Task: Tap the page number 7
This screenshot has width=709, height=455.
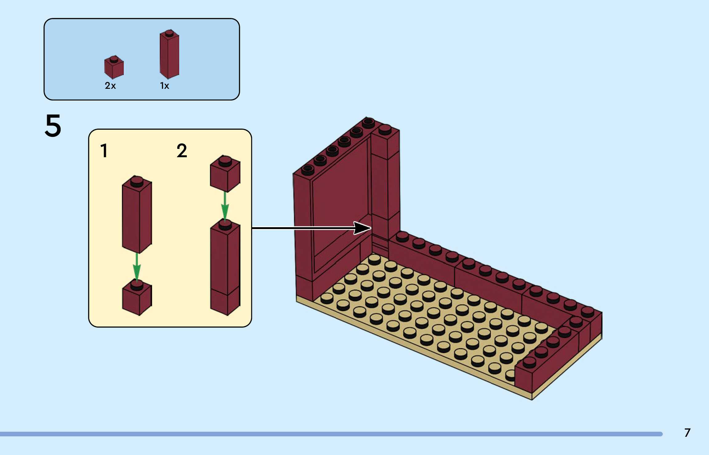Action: tap(687, 432)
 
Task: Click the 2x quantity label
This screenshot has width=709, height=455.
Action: tap(110, 85)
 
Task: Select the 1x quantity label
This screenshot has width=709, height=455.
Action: tap(164, 85)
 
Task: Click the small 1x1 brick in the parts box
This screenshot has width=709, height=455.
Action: tap(114, 68)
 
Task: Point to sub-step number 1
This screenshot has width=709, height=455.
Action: tap(104, 151)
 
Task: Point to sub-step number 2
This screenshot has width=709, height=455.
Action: tap(182, 151)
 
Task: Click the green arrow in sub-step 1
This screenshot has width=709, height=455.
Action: tap(137, 267)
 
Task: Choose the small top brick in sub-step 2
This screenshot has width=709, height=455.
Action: tap(225, 174)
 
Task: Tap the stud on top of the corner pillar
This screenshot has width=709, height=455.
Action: tap(385, 129)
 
